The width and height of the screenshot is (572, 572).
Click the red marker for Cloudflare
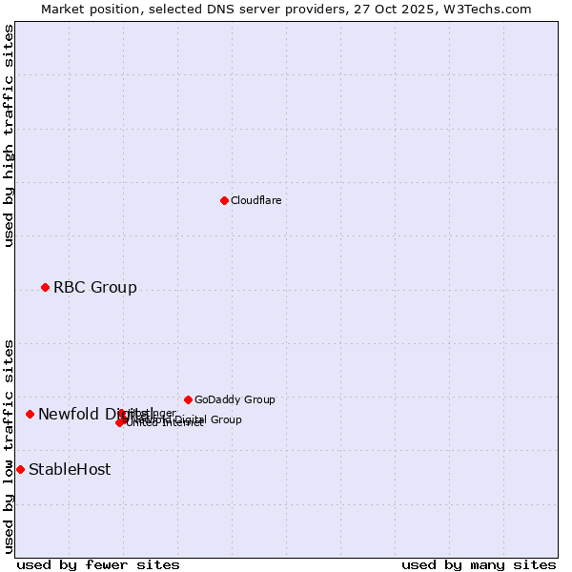pyautogui.click(x=224, y=200)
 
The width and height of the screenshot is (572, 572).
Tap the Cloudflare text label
pyautogui.click(x=255, y=200)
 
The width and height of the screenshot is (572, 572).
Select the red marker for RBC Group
pyautogui.click(x=45, y=287)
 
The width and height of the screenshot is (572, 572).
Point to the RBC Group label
pyautogui.click(x=94, y=287)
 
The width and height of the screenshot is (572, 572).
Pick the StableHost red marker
pyautogui.click(x=20, y=469)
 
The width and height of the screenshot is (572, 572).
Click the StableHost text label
pyautogui.click(x=69, y=469)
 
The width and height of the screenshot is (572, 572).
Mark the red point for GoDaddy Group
pyautogui.click(x=188, y=399)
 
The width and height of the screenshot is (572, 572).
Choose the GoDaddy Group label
pyautogui.click(x=235, y=399)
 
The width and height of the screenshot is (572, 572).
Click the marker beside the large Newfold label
pyautogui.click(x=30, y=414)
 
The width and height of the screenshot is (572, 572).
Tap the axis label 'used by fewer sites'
pyautogui.click(x=98, y=564)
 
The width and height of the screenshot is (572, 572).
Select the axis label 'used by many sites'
pyautogui.click(x=479, y=564)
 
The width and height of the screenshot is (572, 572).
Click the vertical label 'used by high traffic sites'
pyautogui.click(x=10, y=135)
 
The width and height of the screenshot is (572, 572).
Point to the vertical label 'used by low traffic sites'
pyautogui.click(x=10, y=446)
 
